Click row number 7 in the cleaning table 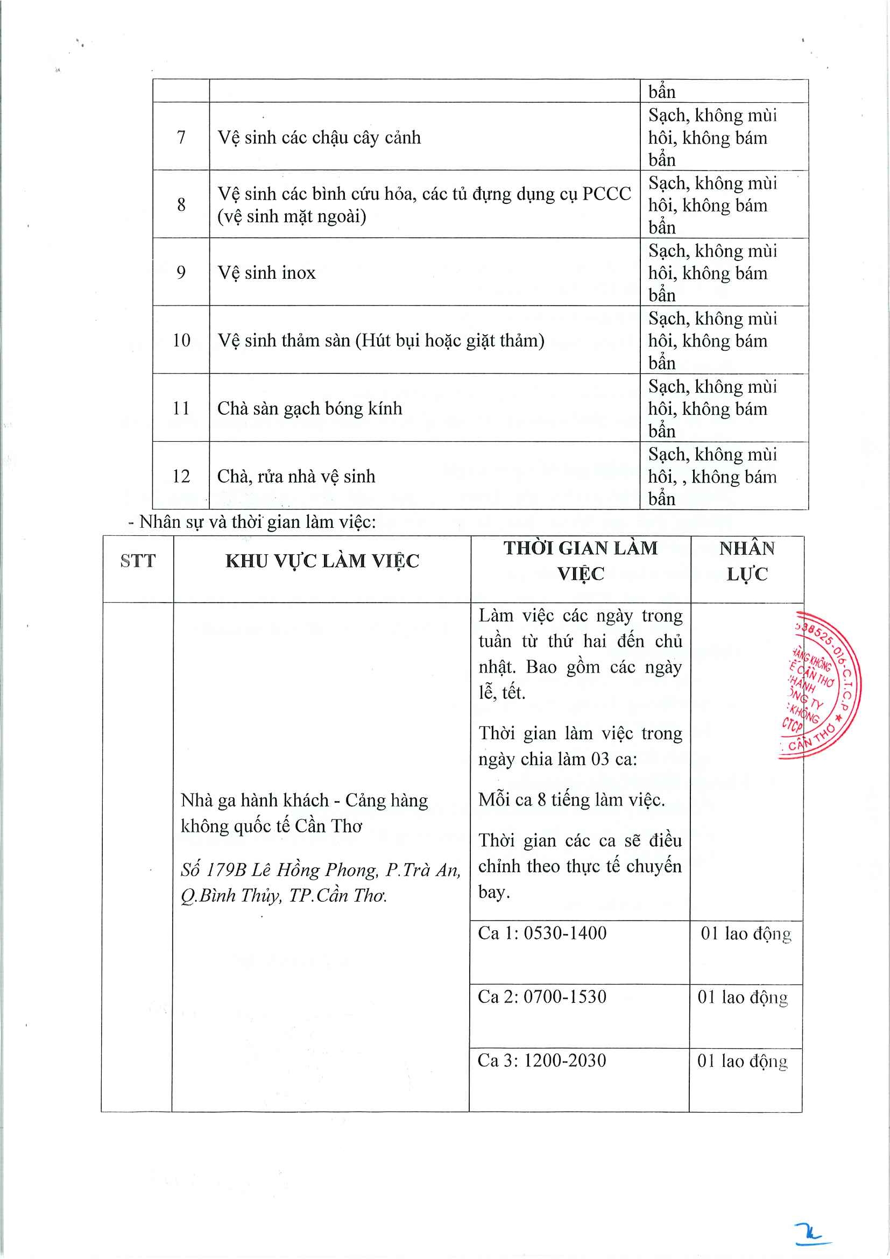pos(181,137)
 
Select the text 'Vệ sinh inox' pos(266,273)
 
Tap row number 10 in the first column pos(181,341)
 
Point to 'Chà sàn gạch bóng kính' pos(310,408)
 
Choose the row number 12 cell pos(181,476)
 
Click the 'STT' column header pos(138,561)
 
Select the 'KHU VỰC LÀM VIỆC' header pos(322,561)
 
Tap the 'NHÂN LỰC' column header pos(747,561)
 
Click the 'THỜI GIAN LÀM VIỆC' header pos(580,561)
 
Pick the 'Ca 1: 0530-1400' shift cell pos(542,933)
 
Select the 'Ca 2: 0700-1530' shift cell pos(542,997)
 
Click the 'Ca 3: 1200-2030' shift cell pos(542,1060)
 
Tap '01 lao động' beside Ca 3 pos(743,1061)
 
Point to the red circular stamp pos(821,685)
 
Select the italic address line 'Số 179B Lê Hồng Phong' pos(321,870)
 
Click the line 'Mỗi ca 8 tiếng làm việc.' pos(571,800)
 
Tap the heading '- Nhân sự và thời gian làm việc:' pos(252,522)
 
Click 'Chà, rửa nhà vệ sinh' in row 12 pos(296,477)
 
